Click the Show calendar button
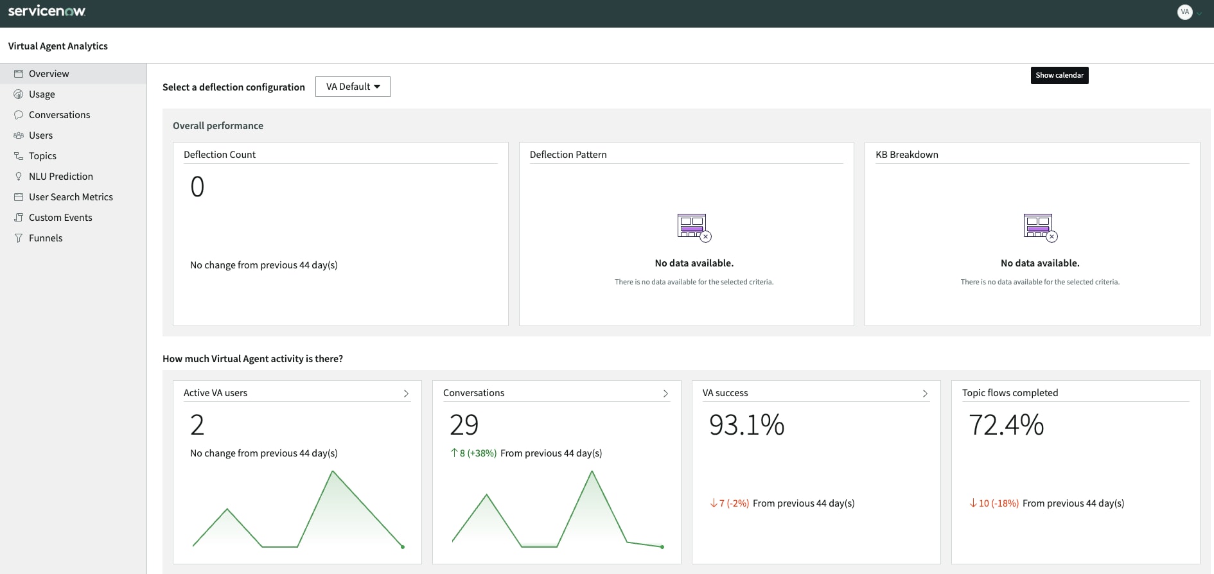(1059, 75)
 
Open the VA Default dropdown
(353, 87)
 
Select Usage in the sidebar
(42, 94)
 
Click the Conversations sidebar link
(59, 115)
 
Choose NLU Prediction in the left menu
(60, 177)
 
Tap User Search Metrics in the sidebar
(71, 197)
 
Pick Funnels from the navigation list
(46, 238)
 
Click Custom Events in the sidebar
(60, 218)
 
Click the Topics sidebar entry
(42, 156)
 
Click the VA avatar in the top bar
(1184, 12)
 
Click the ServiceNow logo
(47, 11)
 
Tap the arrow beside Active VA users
(406, 394)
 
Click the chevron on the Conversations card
(665, 394)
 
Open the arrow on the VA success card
(925, 394)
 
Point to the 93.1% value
(746, 425)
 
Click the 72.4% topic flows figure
(1006, 425)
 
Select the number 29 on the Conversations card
(464, 425)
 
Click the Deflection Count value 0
(197, 187)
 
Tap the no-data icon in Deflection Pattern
(694, 227)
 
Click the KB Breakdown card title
(906, 155)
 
